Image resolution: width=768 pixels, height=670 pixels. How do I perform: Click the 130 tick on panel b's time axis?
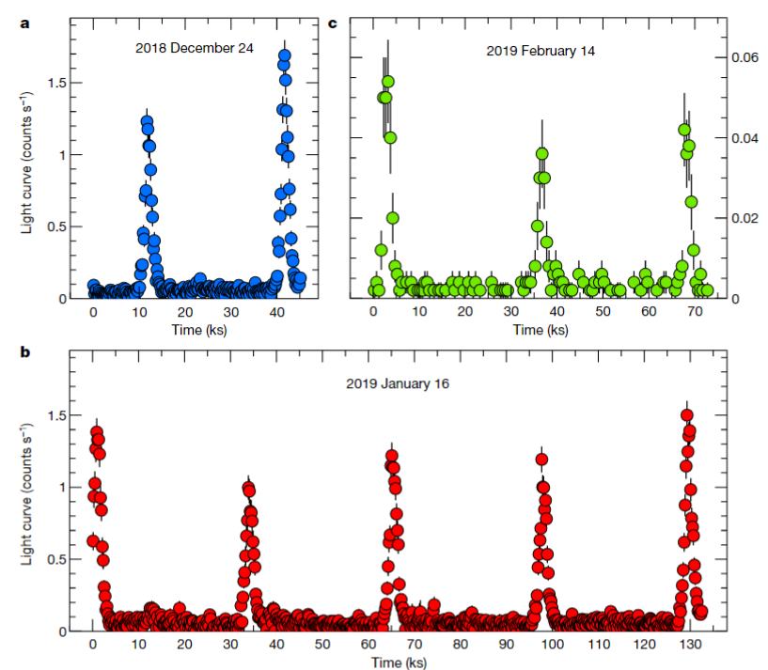[x=689, y=645]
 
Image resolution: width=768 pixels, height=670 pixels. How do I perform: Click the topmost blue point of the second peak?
[x=284, y=55]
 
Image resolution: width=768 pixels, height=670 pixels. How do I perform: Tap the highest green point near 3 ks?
[x=387, y=82]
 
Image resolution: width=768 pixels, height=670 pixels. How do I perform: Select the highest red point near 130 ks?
[x=687, y=415]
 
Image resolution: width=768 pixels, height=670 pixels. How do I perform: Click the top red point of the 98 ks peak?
[x=541, y=460]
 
